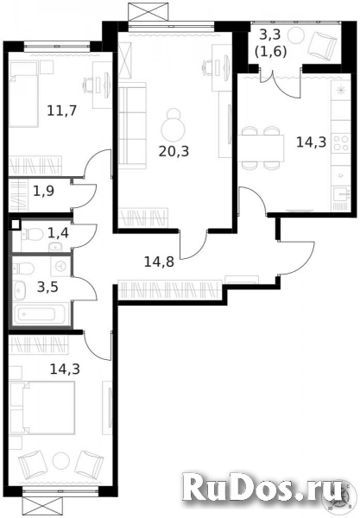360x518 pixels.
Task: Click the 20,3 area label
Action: tap(174, 151)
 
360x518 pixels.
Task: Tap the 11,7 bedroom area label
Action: tap(62, 111)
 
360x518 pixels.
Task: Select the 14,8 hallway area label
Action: tap(159, 262)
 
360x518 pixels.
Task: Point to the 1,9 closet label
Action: tap(43, 191)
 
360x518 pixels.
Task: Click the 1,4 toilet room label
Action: tap(58, 233)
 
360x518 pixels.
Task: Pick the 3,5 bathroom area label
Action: tap(47, 287)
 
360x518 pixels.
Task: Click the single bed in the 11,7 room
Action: tap(23, 94)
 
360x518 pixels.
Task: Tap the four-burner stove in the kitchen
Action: tap(340, 142)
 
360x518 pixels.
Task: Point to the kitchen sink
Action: tap(341, 194)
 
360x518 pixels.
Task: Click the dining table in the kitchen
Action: tap(261, 148)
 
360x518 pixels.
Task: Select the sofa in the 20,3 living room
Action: tap(132, 123)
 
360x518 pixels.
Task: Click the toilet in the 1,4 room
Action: tap(32, 235)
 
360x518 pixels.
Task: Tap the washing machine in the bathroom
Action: tap(60, 267)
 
